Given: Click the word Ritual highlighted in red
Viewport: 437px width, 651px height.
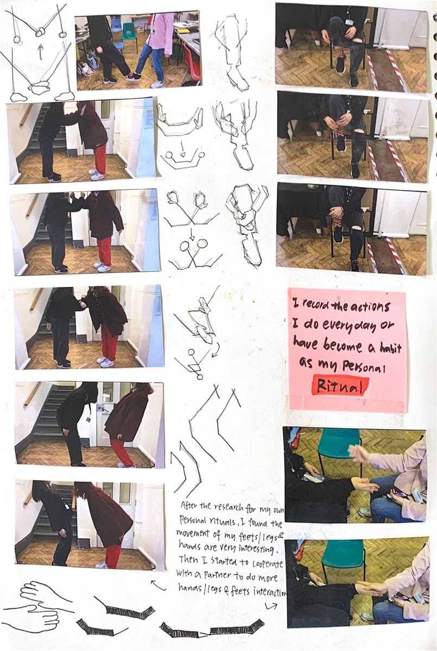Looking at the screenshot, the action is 339,386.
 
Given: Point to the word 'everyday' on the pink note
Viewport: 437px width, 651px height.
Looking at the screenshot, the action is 348,327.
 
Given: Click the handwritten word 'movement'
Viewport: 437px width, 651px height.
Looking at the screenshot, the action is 193,534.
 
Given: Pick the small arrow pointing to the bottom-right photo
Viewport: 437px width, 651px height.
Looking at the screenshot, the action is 271,606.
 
